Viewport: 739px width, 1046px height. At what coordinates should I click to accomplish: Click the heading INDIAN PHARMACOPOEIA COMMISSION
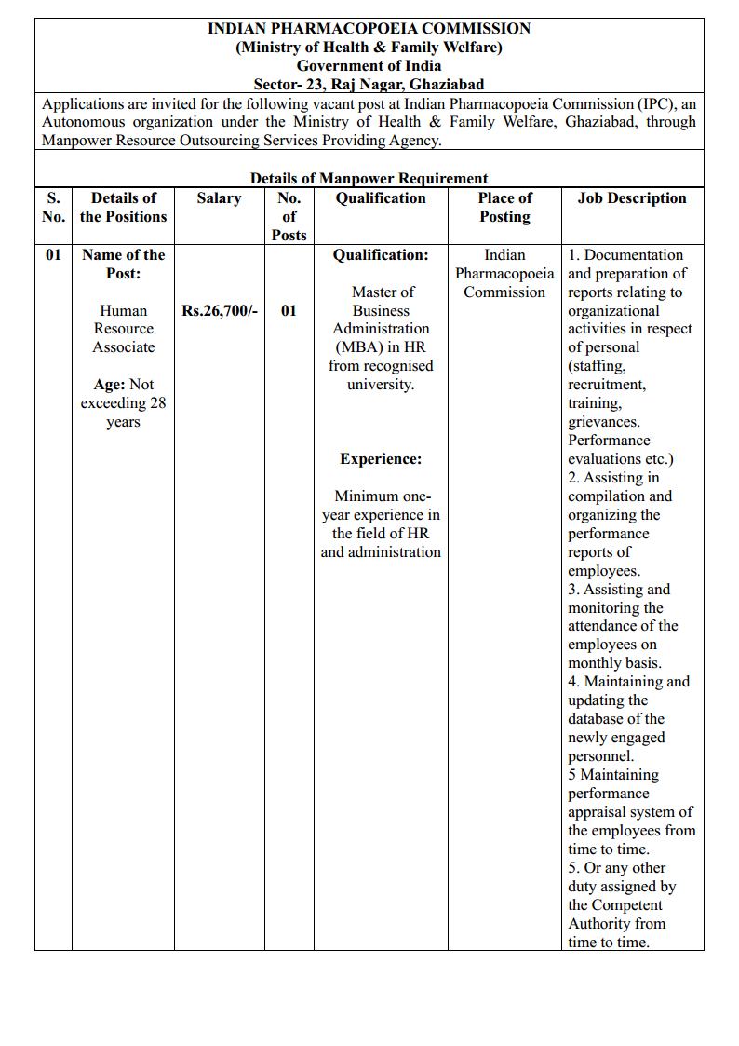click(x=369, y=29)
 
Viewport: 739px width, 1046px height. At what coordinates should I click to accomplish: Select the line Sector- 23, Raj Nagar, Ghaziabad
click(x=369, y=85)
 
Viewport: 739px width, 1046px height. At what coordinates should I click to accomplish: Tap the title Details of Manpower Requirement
click(x=369, y=178)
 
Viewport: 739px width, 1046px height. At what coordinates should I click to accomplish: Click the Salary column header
click(x=219, y=198)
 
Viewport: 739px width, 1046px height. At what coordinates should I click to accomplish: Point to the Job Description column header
click(x=632, y=198)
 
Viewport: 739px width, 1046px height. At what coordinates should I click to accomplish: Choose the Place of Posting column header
click(x=504, y=207)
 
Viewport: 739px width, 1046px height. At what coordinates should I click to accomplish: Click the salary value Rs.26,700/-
click(x=219, y=311)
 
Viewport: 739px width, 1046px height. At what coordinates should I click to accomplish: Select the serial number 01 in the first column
click(x=53, y=255)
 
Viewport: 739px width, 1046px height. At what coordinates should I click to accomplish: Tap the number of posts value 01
click(x=289, y=311)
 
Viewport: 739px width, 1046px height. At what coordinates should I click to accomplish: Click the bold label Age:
click(x=110, y=385)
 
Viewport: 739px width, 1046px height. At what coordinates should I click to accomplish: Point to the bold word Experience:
click(x=381, y=459)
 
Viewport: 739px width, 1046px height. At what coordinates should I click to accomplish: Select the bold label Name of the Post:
click(x=123, y=264)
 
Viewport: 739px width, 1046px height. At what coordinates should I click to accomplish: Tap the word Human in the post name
click(x=123, y=311)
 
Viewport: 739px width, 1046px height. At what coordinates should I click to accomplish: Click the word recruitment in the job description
click(x=606, y=385)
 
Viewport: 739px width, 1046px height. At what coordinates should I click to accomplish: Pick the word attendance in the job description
click(x=623, y=626)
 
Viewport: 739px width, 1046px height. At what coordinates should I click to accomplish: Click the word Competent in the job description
click(x=628, y=905)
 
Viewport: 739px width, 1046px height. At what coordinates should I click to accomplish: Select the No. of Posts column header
click(x=289, y=216)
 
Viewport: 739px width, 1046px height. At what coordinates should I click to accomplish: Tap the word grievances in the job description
click(x=603, y=422)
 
